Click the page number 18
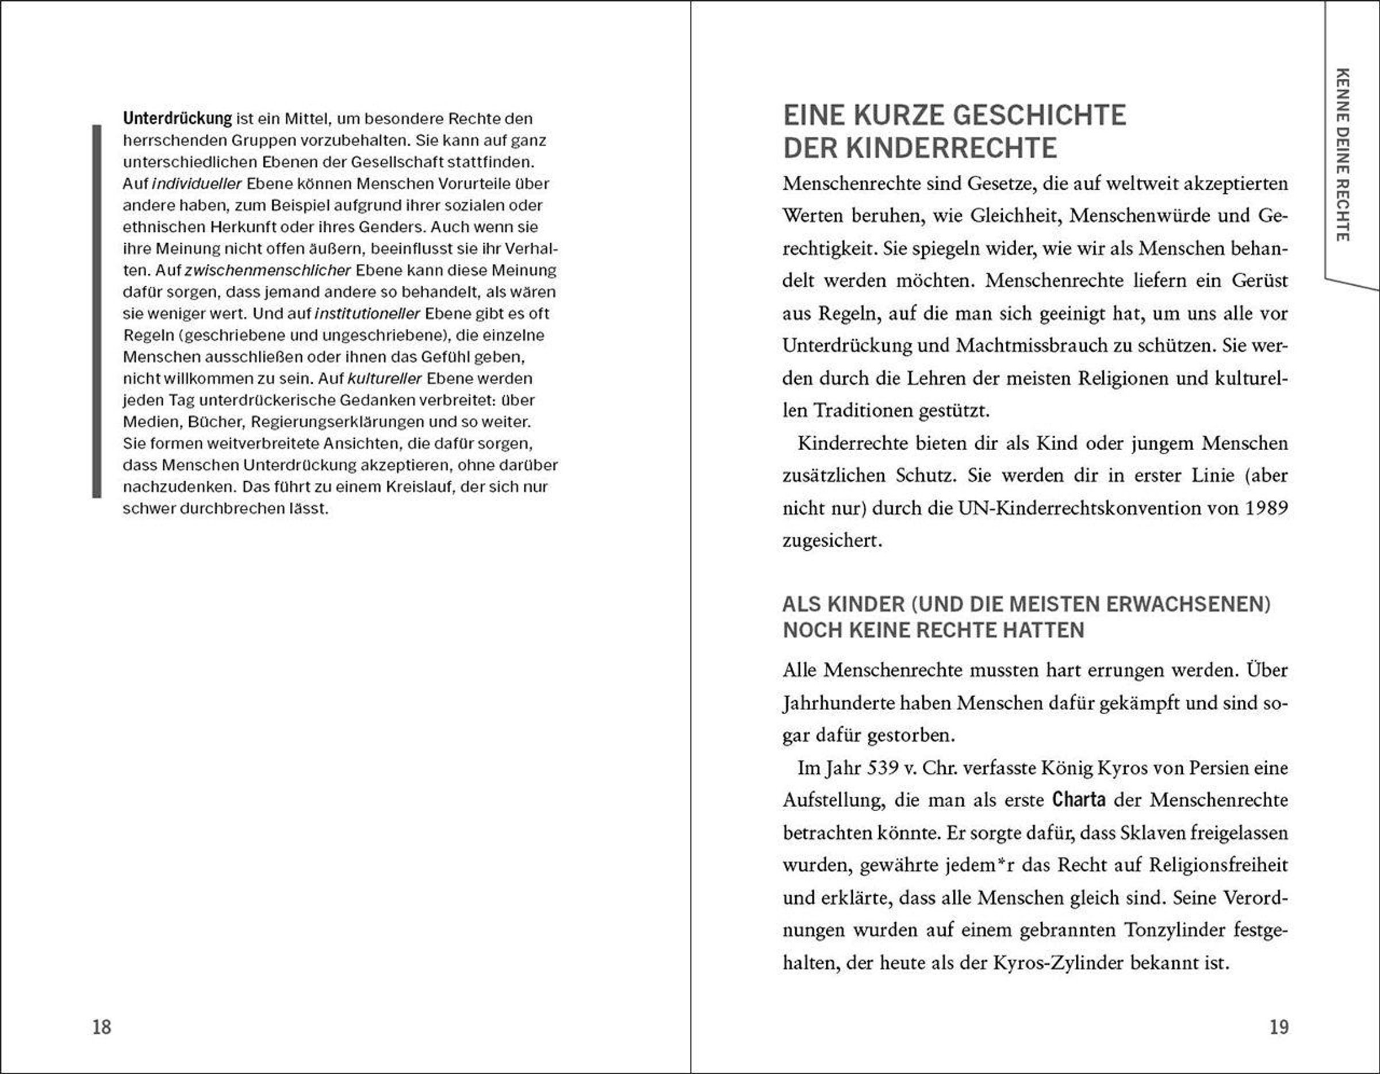pos(102,1027)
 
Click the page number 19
pos(1278,1027)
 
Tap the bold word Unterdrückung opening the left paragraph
pos(178,118)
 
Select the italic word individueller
pos(197,184)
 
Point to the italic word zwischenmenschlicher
pos(267,270)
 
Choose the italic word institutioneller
pos(367,314)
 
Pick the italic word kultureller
pos(385,378)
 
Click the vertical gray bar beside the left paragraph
pos(97,311)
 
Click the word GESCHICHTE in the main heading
pos(1040,116)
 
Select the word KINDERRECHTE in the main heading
pos(951,148)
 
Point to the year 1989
pos(1266,508)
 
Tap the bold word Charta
pos(1079,800)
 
